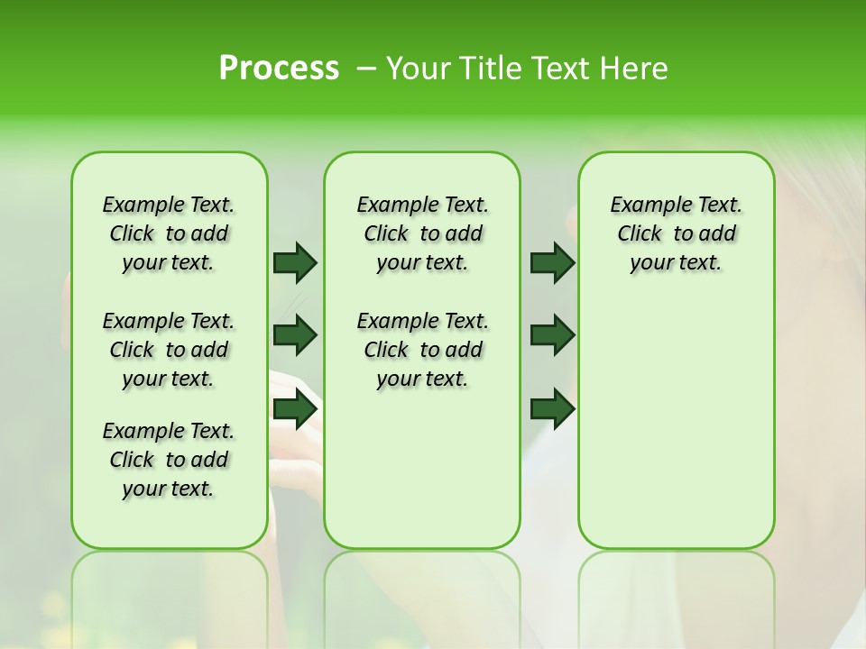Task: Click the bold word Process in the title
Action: click(279, 69)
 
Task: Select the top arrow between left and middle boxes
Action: click(295, 262)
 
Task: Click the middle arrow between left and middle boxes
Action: click(295, 335)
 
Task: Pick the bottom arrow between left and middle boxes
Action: click(295, 409)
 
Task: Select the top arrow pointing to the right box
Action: click(552, 262)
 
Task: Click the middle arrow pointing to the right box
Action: click(552, 335)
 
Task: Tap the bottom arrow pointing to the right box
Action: click(552, 409)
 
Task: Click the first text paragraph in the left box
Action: click(169, 233)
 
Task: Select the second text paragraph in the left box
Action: click(169, 350)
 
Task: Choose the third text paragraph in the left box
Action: click(169, 460)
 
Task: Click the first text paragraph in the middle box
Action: click(422, 233)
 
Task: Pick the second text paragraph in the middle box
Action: click(422, 350)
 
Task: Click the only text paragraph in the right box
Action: click(676, 233)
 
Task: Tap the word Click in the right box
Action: click(640, 234)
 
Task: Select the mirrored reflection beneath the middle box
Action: click(422, 595)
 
